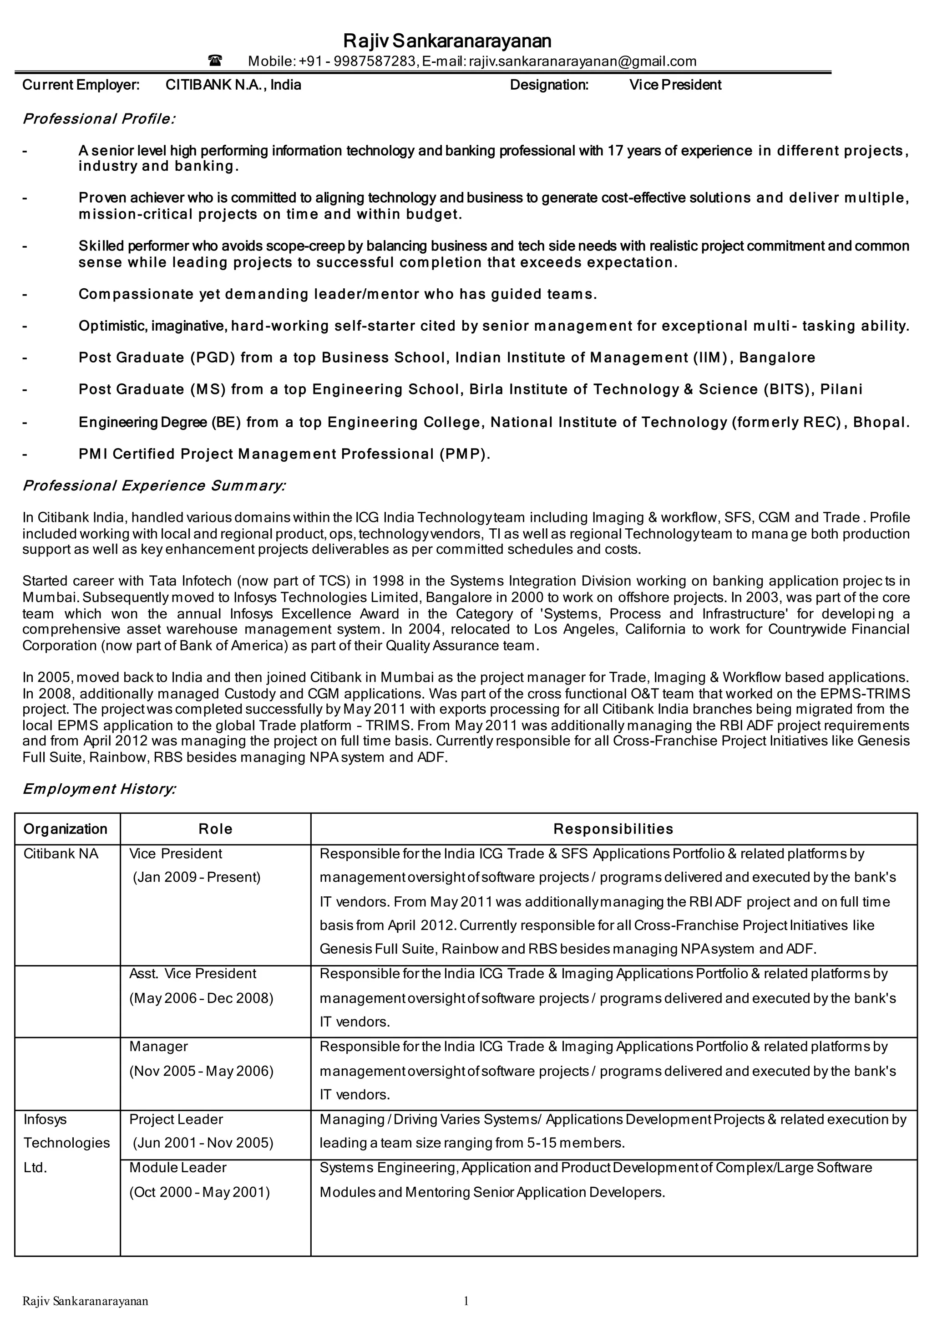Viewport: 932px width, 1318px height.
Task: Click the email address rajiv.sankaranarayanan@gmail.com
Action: (582, 61)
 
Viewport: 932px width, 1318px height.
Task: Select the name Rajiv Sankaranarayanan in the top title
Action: (447, 41)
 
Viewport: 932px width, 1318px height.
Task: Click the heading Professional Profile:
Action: (99, 119)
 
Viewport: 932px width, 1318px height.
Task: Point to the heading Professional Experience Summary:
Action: (154, 486)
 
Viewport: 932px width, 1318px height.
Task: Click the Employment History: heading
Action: (99, 789)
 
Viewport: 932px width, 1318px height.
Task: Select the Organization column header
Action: (66, 829)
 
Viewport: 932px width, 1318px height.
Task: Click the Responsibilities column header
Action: (613, 829)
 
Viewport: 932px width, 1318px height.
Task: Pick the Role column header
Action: (215, 829)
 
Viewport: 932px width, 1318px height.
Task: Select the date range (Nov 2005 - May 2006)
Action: (202, 1071)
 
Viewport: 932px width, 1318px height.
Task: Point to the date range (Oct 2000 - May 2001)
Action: (199, 1192)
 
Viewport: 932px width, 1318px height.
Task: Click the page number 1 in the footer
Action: (466, 1301)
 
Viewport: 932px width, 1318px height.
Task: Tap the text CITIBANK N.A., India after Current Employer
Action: (233, 85)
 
